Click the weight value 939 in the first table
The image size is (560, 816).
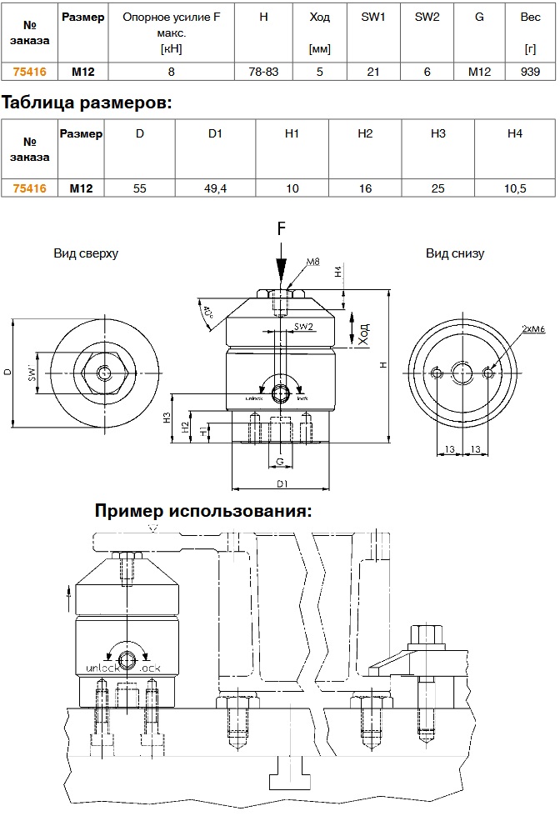click(530, 73)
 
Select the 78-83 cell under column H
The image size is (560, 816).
click(263, 73)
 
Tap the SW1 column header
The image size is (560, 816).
click(373, 18)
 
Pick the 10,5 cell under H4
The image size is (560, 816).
click(516, 189)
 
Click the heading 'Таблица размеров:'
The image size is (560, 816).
click(87, 103)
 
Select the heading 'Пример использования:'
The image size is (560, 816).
click(203, 510)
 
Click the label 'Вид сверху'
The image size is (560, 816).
click(86, 253)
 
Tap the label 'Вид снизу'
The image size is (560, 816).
click(455, 253)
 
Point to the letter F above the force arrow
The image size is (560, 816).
click(282, 228)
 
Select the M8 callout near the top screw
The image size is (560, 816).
click(312, 263)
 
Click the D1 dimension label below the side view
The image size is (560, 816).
click(282, 483)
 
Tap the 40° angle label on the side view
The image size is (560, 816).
click(207, 314)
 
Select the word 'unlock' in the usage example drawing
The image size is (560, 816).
click(103, 668)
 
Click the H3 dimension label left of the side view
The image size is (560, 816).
click(167, 419)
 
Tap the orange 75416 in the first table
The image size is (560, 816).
click(30, 73)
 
